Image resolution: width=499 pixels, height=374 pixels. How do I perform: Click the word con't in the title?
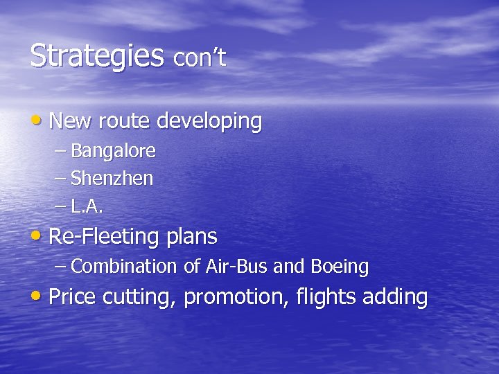coord(200,59)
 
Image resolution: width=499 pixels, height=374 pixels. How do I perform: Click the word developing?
coord(209,122)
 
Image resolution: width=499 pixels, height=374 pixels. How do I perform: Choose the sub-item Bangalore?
coord(113,151)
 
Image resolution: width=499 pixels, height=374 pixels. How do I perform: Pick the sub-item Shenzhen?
coord(112,179)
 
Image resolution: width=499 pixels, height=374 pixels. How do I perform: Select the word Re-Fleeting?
coord(105,238)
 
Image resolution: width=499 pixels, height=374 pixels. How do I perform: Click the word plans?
coord(191,238)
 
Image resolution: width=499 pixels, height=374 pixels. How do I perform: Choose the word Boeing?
coord(340,267)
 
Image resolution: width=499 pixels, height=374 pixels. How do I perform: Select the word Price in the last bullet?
coord(73,297)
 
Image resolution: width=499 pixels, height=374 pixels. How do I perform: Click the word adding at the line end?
coord(394,298)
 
